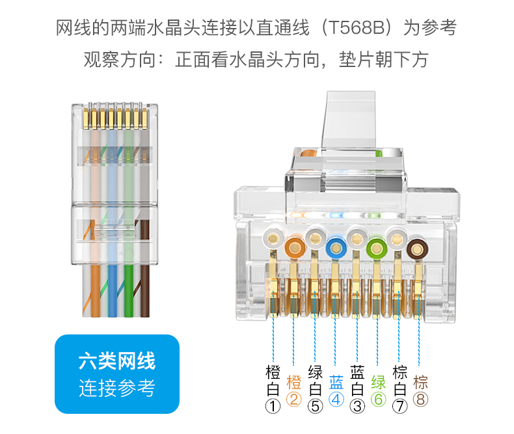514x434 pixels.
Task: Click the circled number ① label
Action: coord(273,407)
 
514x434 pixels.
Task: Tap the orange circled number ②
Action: coord(293,400)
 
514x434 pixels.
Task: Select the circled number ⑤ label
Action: coord(315,407)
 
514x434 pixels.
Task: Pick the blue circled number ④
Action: coord(336,400)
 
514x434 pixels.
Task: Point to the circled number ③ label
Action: coord(357,407)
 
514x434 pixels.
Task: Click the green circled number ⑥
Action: coord(378,400)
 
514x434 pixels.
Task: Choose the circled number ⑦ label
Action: coord(399,407)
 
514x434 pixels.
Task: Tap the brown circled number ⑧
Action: coord(420,400)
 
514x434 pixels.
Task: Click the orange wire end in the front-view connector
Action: coord(294,248)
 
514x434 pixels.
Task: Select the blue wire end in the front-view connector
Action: coord(336,248)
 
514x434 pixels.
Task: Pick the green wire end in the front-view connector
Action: coord(377,248)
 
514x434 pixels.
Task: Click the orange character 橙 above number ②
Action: coord(293,382)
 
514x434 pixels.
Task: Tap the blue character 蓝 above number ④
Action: coord(336,382)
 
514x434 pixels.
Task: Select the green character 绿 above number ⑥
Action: coord(378,382)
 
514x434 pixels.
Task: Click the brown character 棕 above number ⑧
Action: coord(420,382)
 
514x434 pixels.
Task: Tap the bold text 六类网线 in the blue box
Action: coord(117,361)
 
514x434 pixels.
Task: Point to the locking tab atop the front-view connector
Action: coord(349,119)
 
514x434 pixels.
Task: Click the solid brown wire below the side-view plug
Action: coord(145,291)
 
